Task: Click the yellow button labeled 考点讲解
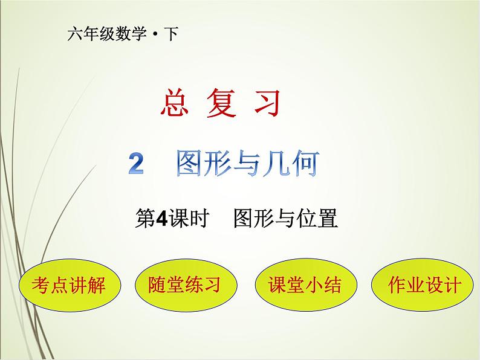(68, 284)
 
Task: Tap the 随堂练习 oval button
(184, 284)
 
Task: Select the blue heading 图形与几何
(247, 163)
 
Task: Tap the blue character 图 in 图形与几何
(191, 163)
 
